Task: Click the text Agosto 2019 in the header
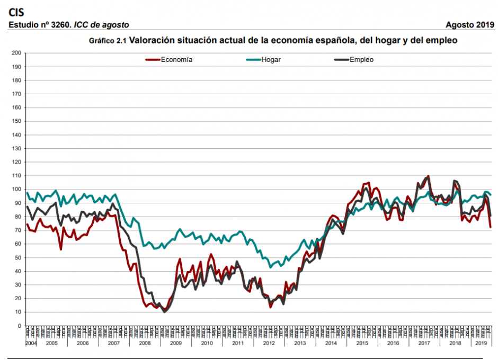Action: [470, 25]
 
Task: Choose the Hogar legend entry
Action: [271, 60]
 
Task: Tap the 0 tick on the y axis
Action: [19, 326]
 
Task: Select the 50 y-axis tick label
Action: [17, 257]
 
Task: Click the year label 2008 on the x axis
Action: [145, 344]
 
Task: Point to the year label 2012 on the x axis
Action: [270, 344]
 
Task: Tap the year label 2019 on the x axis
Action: [482, 344]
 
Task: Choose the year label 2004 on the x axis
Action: [31, 344]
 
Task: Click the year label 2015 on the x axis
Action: [363, 344]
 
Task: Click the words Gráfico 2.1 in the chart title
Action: [108, 41]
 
